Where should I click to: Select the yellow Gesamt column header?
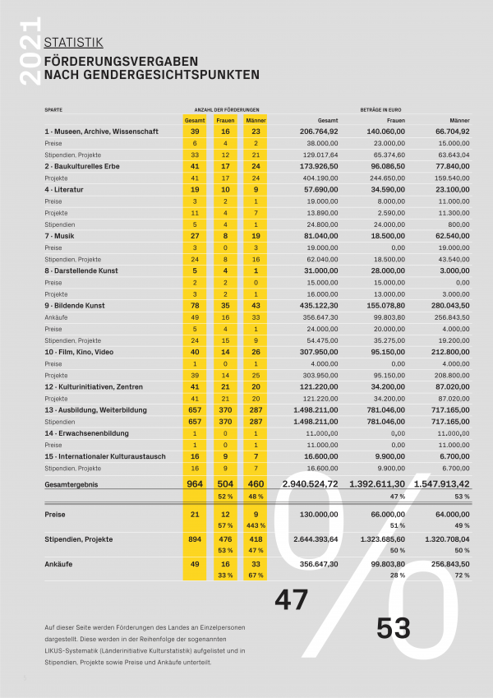click(195, 120)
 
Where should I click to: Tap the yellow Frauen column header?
click(225, 120)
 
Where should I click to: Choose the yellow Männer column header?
click(256, 120)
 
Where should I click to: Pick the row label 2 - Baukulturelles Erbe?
click(86, 166)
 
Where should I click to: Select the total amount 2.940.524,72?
click(311, 484)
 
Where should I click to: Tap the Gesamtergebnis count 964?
click(195, 484)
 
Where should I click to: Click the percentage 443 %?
click(256, 525)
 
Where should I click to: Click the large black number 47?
click(292, 600)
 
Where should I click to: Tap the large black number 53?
click(394, 628)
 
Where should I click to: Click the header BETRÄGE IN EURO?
click(380, 109)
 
